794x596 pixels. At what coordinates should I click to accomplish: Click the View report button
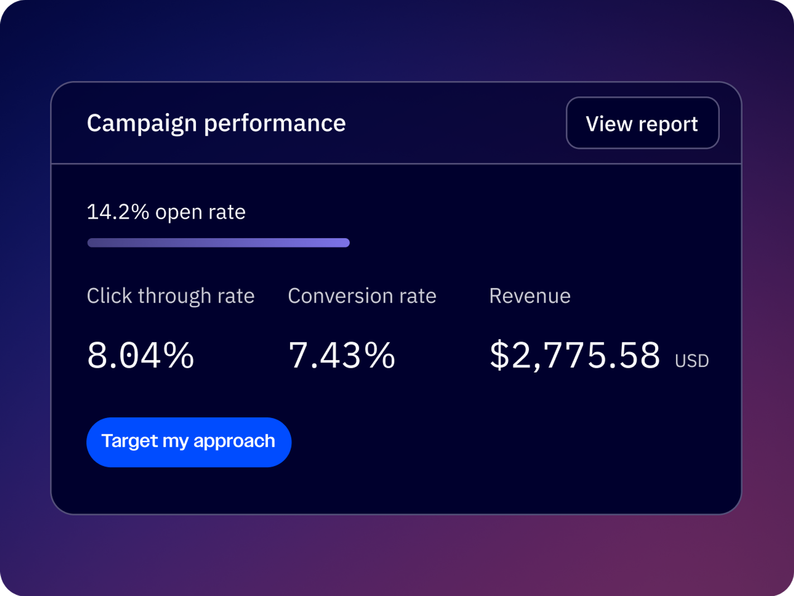click(x=642, y=123)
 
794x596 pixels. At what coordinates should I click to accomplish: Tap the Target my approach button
click(x=189, y=442)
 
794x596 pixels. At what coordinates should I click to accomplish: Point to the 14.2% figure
click(x=118, y=212)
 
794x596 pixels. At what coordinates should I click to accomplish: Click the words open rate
click(x=200, y=212)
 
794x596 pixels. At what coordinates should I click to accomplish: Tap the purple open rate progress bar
click(x=218, y=243)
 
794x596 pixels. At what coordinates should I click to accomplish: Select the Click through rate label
click(x=170, y=296)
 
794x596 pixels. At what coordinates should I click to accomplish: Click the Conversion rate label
click(x=362, y=296)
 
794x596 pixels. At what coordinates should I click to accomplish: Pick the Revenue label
click(x=530, y=296)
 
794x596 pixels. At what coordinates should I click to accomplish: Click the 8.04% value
click(x=140, y=355)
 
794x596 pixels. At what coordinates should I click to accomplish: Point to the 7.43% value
click(x=342, y=355)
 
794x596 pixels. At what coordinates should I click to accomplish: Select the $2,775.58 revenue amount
click(x=575, y=355)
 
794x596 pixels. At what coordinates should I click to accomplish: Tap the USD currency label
click(x=691, y=361)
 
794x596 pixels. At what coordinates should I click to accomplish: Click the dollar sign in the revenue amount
click(x=499, y=355)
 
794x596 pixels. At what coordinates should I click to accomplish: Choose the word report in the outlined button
click(x=668, y=124)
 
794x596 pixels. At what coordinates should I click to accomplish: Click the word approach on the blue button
click(x=234, y=441)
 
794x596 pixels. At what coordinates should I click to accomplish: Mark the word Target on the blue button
click(x=129, y=441)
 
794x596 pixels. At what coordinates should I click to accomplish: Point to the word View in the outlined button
click(x=609, y=124)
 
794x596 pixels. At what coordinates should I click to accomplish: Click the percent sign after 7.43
click(x=380, y=355)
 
